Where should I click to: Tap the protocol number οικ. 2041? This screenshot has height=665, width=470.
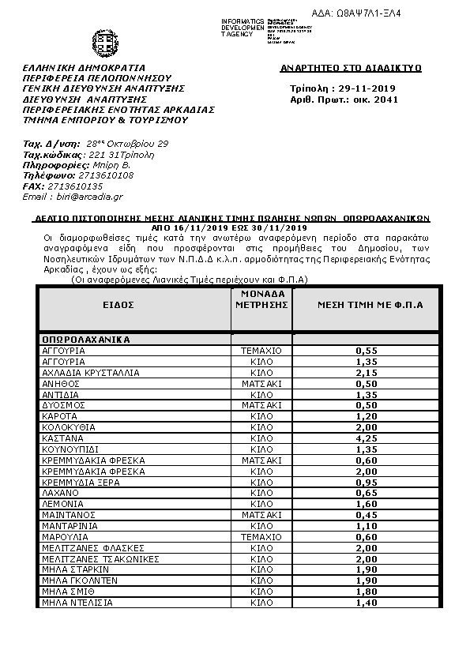point(378,100)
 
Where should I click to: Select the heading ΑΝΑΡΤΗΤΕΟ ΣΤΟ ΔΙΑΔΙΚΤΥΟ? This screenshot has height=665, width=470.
point(351,69)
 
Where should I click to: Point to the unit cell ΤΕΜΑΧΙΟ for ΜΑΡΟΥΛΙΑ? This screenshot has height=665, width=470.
point(261,536)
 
